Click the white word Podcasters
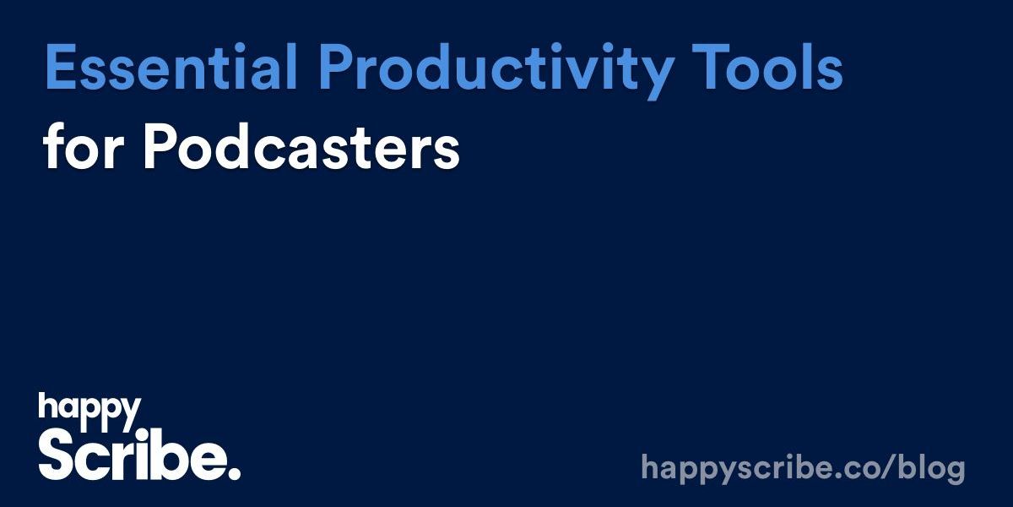(300, 150)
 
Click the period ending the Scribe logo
(234, 472)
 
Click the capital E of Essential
(60, 69)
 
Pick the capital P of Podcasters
(158, 150)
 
